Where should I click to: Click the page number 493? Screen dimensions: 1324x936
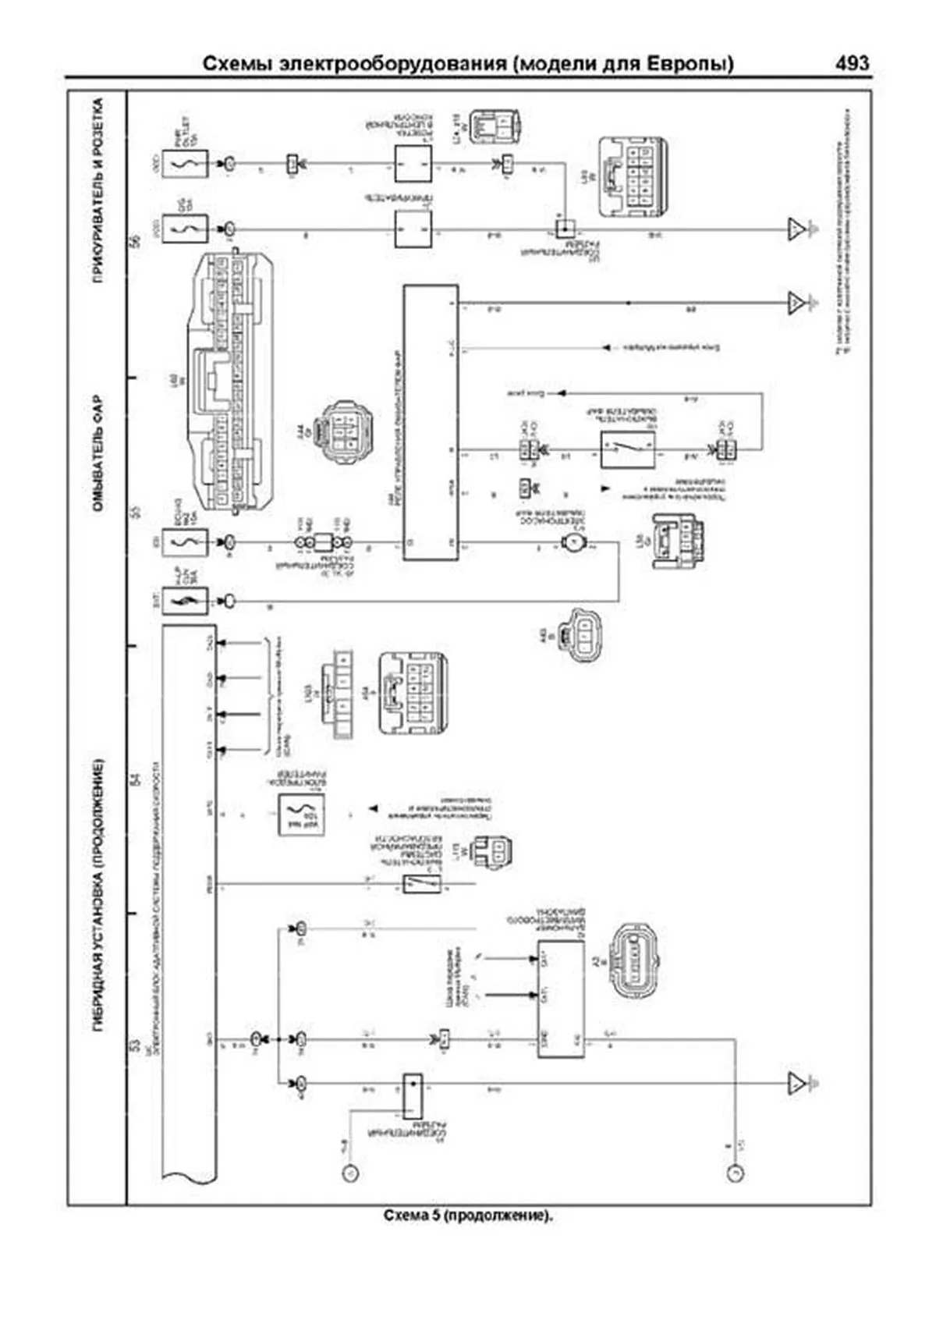pos(852,63)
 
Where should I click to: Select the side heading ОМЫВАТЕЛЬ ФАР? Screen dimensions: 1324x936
pos(98,456)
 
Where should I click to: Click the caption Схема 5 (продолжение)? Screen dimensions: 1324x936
pos(468,1216)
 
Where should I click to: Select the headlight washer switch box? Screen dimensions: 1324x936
pos(627,450)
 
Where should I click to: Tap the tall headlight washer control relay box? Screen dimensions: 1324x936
pos(431,422)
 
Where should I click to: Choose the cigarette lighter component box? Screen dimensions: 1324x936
pos(413,229)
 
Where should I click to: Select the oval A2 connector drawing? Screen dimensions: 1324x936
pos(636,961)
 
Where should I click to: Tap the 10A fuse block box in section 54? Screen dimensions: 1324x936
pos(301,815)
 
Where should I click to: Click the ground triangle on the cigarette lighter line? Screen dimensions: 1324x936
pos(796,229)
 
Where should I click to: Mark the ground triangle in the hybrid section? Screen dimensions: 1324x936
pos(796,1083)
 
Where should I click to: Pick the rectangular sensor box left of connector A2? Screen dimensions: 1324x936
pos(560,999)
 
